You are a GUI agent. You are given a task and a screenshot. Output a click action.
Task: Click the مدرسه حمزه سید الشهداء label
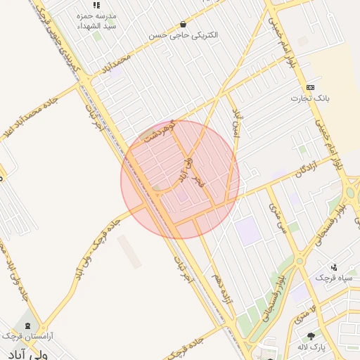click(97, 20)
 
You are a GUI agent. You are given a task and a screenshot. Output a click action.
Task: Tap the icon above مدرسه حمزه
click(97, 5)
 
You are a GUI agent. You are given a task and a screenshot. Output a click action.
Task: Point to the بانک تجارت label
click(311, 98)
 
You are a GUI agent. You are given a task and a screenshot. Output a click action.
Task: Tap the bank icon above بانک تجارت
click(311, 86)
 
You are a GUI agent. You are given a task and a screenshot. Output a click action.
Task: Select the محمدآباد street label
click(115, 65)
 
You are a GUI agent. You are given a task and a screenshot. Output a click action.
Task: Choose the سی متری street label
click(277, 217)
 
